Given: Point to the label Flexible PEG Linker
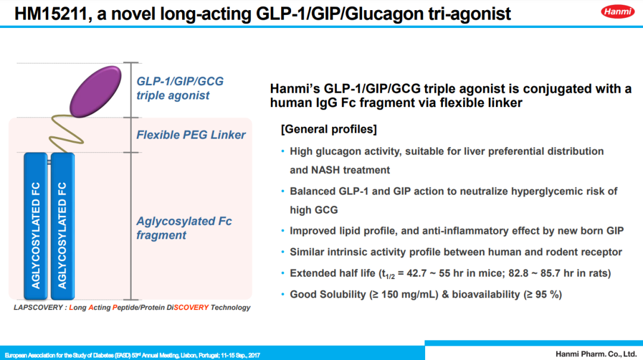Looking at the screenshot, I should pos(191,135).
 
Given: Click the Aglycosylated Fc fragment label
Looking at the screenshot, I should pos(183,228).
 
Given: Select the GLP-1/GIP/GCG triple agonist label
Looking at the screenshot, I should pos(180,88).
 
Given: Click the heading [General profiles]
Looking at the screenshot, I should pos(329,129).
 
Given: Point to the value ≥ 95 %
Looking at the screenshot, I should pos(542,295).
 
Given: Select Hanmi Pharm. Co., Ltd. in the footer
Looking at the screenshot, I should pos(596,353).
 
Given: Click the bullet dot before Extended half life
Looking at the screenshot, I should pos(283,274).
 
